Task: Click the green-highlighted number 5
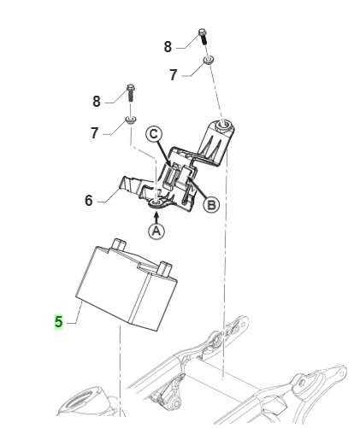click(x=58, y=321)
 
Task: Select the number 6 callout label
click(x=89, y=201)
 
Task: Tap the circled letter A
click(x=156, y=231)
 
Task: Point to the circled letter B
click(x=211, y=204)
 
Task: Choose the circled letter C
click(x=154, y=134)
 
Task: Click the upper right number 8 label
click(x=168, y=47)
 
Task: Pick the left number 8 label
click(x=97, y=102)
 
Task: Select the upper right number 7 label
click(x=174, y=75)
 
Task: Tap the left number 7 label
click(x=95, y=133)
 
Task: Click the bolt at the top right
click(x=203, y=36)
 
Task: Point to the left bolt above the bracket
click(x=130, y=93)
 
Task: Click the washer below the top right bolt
click(x=209, y=61)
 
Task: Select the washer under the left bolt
click(x=131, y=120)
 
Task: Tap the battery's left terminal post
click(x=120, y=244)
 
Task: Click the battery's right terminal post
click(x=165, y=268)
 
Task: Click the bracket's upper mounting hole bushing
click(x=223, y=126)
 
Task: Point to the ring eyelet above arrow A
click(x=157, y=203)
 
